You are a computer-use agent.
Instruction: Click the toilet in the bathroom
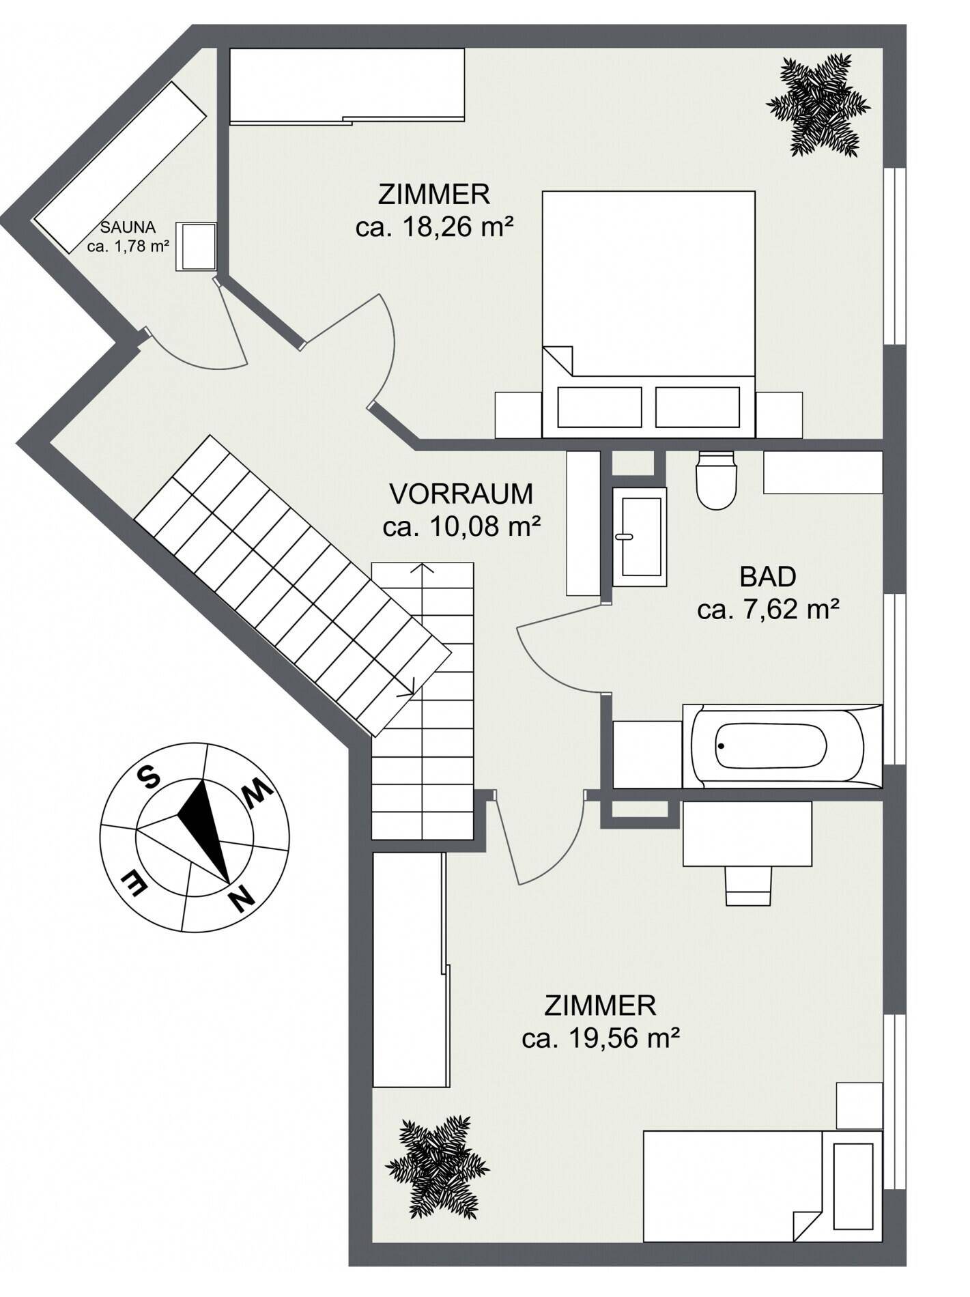click(715, 481)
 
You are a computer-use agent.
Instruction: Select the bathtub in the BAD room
click(782, 746)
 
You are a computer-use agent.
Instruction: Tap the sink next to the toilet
click(640, 537)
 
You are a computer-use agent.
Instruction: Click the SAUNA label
click(128, 227)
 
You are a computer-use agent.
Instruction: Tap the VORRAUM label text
click(461, 494)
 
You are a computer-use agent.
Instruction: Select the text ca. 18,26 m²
click(434, 227)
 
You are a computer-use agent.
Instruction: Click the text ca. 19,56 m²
click(601, 1038)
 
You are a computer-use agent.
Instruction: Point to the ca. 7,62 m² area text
click(768, 610)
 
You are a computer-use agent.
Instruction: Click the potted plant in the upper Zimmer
click(818, 106)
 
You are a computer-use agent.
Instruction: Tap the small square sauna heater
click(197, 246)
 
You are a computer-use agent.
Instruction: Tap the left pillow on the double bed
click(599, 408)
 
